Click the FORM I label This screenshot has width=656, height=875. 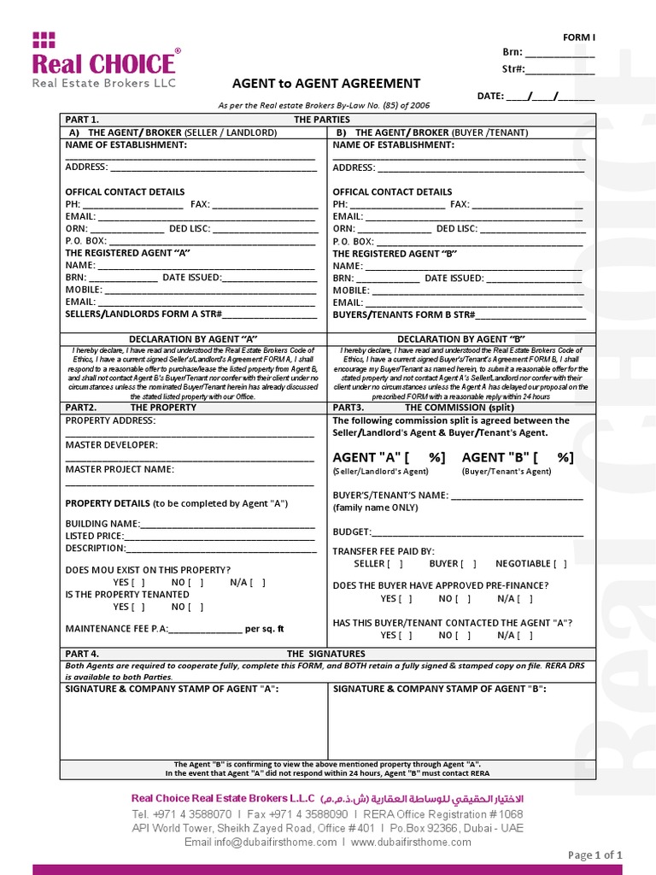pyautogui.click(x=578, y=38)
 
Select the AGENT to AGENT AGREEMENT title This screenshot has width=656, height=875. pyautogui.click(x=327, y=84)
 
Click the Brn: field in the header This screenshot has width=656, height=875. pyautogui.click(x=559, y=53)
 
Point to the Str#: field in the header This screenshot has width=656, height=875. pyautogui.click(x=559, y=69)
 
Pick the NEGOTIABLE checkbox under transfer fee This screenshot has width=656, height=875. pyautogui.click(x=559, y=564)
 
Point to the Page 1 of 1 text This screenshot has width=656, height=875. pyautogui.click(x=595, y=854)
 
